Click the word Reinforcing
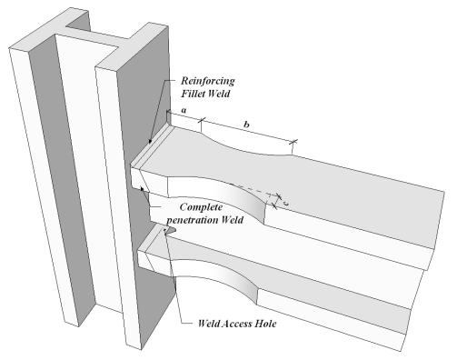click(x=208, y=81)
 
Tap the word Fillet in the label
click(x=194, y=94)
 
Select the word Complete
click(x=201, y=207)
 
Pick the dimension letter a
click(x=184, y=111)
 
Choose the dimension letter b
click(x=247, y=125)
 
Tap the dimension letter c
click(x=285, y=204)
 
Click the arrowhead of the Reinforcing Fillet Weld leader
click(x=151, y=142)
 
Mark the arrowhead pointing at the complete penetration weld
click(x=142, y=188)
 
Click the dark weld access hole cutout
click(x=168, y=230)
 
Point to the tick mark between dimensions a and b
click(x=201, y=120)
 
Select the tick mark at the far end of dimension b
click(x=293, y=142)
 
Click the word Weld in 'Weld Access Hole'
click(x=208, y=324)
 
